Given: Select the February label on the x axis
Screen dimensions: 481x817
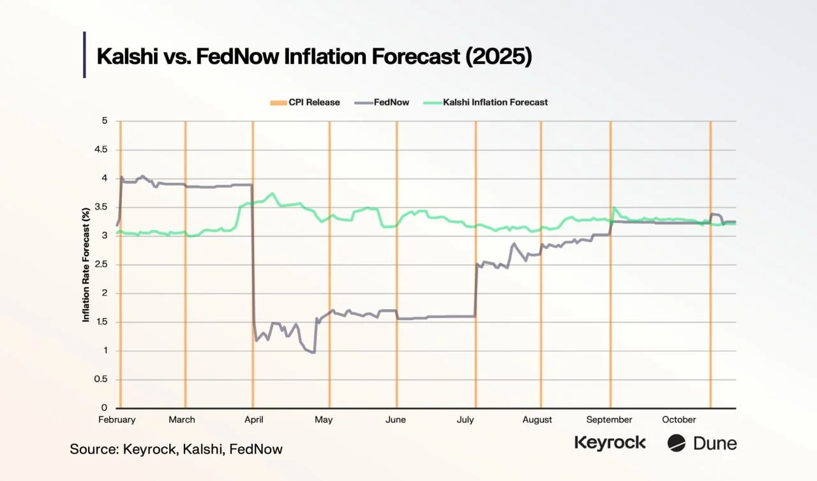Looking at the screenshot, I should point(117,420).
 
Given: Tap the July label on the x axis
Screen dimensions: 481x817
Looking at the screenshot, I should point(465,420).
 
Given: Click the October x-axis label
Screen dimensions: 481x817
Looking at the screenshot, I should point(679,420).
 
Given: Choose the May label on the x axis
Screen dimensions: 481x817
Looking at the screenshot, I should point(324,420).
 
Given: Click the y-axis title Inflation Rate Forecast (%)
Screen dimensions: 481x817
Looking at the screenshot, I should point(86,264).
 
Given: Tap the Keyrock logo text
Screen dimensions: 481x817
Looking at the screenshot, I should point(610,443).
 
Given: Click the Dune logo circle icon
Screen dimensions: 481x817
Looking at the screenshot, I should point(677,443).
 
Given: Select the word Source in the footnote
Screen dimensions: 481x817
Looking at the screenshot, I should point(91,449).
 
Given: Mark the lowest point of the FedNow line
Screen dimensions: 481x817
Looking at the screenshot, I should point(313,352).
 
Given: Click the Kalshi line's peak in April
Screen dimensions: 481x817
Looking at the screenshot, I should point(273,194).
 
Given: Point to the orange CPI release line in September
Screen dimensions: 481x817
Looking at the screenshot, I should point(611,287).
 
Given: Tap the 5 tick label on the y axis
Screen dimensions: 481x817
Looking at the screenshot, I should point(104,121).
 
